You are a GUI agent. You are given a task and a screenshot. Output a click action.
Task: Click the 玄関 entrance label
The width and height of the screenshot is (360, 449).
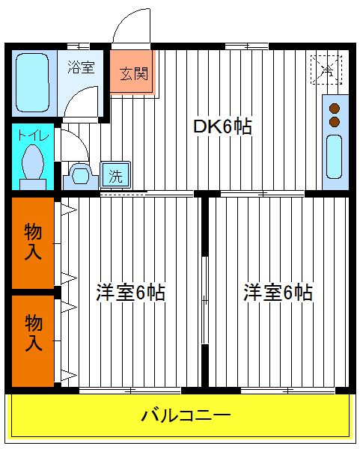pos(134,73)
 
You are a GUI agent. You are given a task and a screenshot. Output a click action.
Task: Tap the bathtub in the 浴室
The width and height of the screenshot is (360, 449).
pos(32,82)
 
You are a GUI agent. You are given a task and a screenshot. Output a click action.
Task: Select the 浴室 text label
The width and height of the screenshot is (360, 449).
pos(81,67)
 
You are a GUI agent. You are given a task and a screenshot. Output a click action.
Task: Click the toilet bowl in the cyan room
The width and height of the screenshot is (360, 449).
pos(33,162)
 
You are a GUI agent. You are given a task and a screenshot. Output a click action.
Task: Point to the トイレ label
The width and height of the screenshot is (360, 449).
pos(33,135)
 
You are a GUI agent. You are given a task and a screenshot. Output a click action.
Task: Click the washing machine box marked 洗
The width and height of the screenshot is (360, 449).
pos(115,175)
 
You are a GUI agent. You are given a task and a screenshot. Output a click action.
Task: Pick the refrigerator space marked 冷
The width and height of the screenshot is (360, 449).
pos(326,70)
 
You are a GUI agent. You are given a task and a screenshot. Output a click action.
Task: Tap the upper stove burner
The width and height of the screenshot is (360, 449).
pos(335,109)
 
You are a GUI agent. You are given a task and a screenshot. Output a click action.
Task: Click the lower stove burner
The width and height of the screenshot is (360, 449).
pos(335,122)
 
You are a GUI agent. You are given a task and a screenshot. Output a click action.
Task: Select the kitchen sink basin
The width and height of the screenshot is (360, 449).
pos(335,156)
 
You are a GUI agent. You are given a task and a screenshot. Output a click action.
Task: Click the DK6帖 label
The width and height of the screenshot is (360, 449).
pos(222,126)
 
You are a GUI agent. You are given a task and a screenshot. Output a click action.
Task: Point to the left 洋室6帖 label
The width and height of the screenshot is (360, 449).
pos(130,293)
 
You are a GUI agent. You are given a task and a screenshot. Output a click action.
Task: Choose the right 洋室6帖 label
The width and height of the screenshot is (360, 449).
pos(278,293)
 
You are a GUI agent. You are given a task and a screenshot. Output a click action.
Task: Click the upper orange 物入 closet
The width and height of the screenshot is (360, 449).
pos(33,242)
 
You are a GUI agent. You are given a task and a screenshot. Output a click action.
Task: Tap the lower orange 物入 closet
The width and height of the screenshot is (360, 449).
pos(33,341)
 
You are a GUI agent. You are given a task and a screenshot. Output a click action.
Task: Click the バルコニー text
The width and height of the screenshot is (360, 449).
pos(186,415)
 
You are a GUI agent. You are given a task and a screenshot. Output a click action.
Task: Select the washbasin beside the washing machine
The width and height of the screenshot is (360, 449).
pos(81,176)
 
